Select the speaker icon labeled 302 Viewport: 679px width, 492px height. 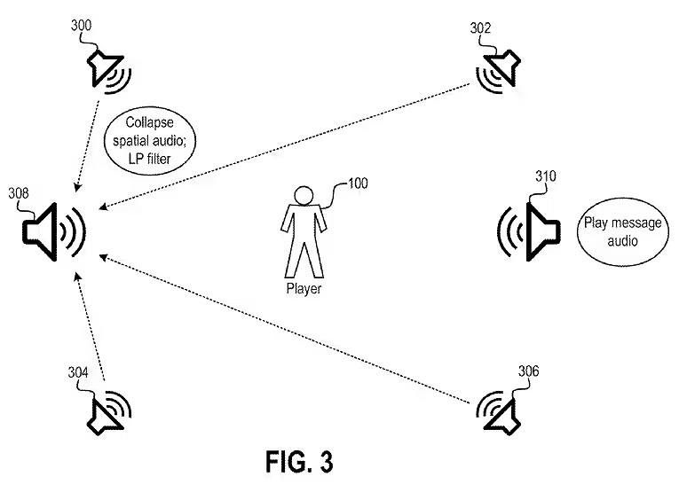click(x=497, y=69)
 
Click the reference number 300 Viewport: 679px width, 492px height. click(x=81, y=26)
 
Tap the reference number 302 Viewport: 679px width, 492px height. click(x=480, y=28)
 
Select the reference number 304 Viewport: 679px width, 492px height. click(x=78, y=373)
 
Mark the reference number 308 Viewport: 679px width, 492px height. click(x=19, y=192)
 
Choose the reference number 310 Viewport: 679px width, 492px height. click(x=545, y=176)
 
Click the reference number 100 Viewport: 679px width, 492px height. click(x=356, y=184)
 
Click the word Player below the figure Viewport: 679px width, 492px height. click(x=304, y=289)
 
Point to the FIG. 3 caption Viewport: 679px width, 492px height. click(x=301, y=462)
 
